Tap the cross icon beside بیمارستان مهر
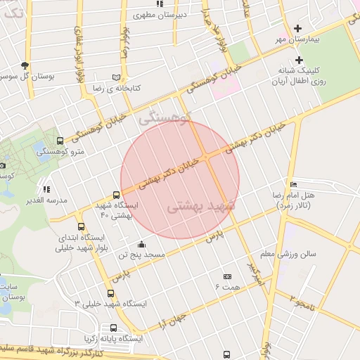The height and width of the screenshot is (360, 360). click(298, 29)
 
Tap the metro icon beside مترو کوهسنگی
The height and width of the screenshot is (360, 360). click(60, 141)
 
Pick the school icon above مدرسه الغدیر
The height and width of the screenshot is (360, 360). click(46, 189)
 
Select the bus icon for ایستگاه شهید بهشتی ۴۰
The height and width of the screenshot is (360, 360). click(116, 195)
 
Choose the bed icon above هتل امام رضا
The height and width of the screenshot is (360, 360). click(293, 184)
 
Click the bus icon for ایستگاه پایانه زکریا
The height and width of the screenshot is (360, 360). click(114, 328)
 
